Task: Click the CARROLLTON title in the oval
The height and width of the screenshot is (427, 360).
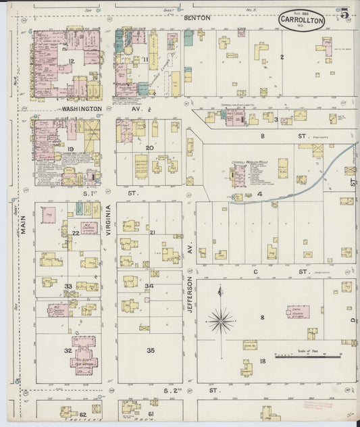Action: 301,20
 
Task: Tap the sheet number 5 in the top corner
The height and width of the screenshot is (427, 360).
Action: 344,14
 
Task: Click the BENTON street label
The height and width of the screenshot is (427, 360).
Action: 199,18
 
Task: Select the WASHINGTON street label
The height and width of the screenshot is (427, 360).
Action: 82,108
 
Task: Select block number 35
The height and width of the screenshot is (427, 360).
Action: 151,350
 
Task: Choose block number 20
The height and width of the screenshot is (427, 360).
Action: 150,147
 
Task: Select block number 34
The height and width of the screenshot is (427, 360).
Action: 149,286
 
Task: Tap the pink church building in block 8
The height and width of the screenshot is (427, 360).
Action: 298,313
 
